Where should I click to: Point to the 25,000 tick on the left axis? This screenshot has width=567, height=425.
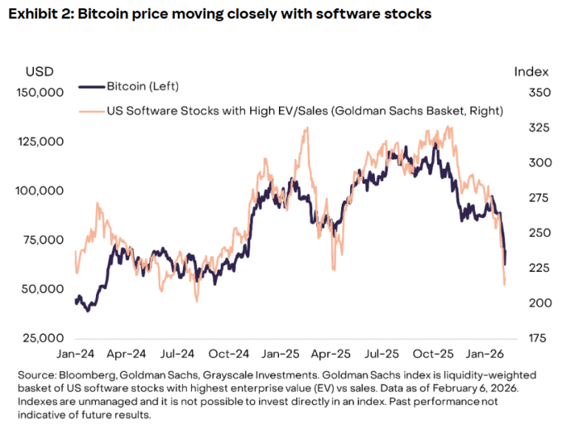41,339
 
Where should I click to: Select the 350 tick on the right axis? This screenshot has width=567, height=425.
529,93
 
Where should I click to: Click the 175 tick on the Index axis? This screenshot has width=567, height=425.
529,339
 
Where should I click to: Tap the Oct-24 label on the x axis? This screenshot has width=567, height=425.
228,354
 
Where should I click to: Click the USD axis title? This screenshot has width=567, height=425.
41,72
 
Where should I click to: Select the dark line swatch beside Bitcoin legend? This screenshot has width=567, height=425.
89,86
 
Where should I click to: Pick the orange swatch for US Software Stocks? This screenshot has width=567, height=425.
89,111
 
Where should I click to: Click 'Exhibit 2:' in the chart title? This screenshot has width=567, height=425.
42,15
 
